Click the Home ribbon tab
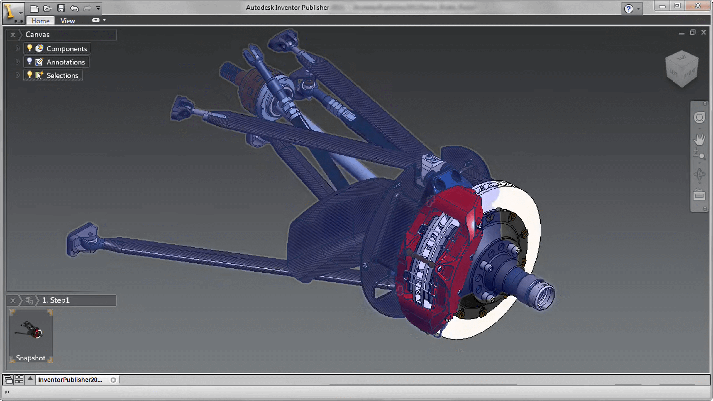[40, 21]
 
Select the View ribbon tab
[68, 21]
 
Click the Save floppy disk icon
[61, 8]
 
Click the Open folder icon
[48, 8]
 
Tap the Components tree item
[67, 49]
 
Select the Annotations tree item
[65, 62]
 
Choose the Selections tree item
[62, 75]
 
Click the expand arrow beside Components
[18, 48]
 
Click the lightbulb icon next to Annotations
[30, 61]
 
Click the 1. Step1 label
[56, 300]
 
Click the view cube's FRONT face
[690, 74]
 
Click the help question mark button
[628, 9]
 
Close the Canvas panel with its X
[13, 35]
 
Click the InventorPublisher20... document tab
[70, 380]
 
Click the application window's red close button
[698, 6]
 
